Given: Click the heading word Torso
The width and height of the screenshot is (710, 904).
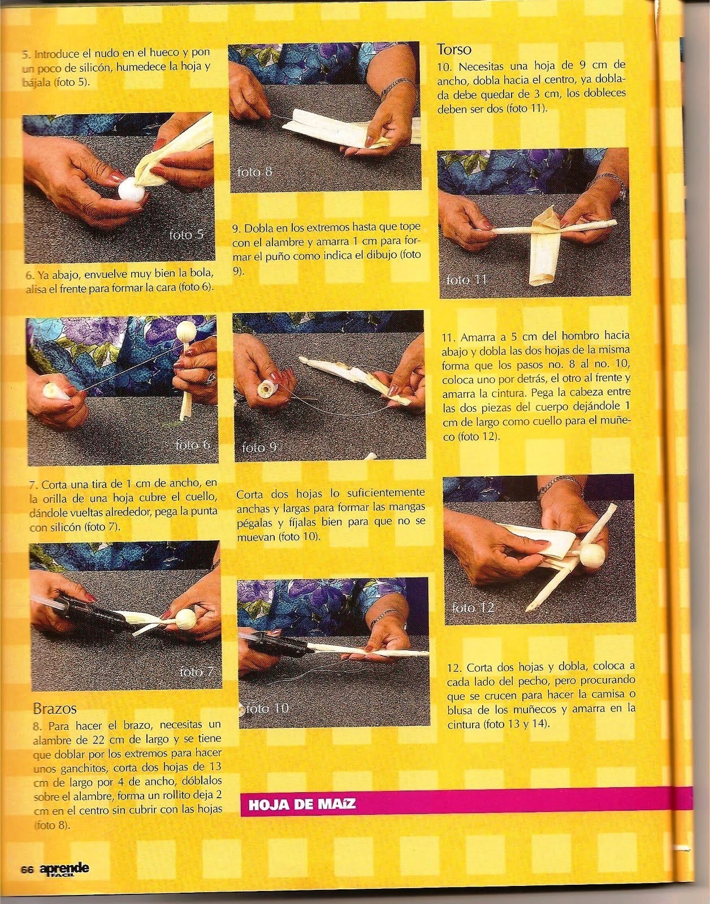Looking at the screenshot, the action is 454,50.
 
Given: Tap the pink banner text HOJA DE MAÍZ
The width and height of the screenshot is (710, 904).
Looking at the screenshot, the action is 302,804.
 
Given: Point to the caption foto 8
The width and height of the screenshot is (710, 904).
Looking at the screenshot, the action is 254,171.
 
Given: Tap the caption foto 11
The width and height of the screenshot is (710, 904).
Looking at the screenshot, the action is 466,280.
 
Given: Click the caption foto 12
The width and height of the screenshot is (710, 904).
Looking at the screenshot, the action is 473,608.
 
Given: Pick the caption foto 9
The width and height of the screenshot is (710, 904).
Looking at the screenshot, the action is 259,447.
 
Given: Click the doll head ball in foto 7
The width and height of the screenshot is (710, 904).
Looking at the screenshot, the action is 185,619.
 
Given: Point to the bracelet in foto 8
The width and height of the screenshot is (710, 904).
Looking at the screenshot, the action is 395,85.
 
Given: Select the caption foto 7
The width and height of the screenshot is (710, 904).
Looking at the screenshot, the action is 197,672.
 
